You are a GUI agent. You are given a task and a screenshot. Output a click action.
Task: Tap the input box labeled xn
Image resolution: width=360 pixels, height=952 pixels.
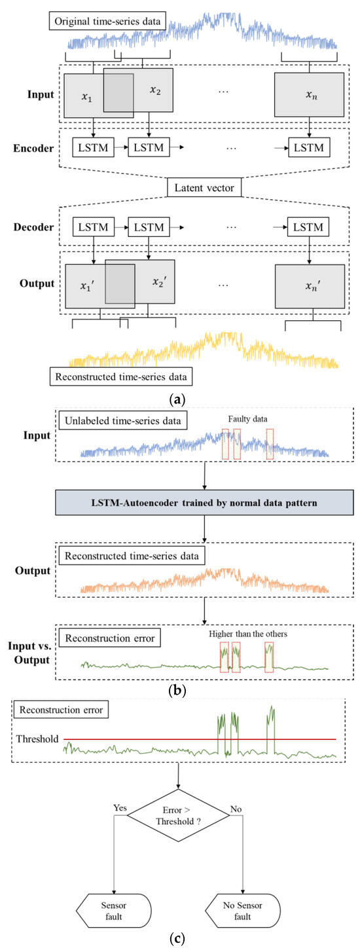pyautogui.click(x=309, y=96)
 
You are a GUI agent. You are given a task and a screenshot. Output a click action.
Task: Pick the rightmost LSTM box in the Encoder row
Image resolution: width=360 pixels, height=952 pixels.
pyautogui.click(x=308, y=147)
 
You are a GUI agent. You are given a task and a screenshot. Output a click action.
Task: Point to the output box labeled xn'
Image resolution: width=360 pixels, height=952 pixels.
pyautogui.click(x=309, y=286)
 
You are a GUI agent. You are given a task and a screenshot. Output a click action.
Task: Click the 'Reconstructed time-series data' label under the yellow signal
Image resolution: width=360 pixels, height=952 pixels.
pyautogui.click(x=122, y=377)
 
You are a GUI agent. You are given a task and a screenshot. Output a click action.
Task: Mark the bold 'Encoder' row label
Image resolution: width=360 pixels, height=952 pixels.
pyautogui.click(x=33, y=148)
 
